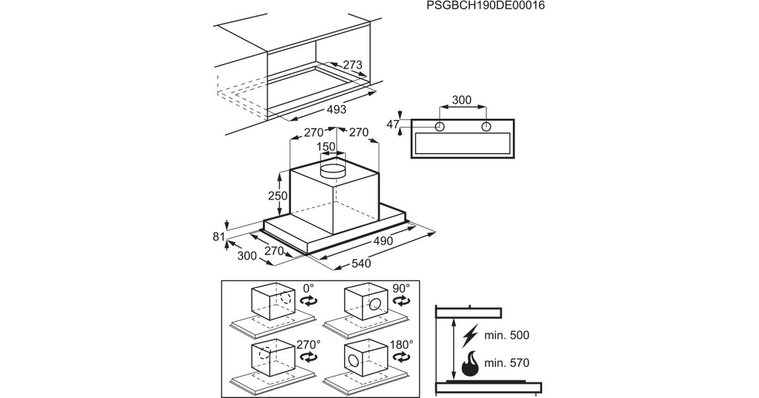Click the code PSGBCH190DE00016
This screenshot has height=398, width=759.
click(x=486, y=6)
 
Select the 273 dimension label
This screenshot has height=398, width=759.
click(x=352, y=64)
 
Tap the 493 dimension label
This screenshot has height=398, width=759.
click(x=336, y=109)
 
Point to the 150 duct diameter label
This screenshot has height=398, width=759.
click(x=326, y=147)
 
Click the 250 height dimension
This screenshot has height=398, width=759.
click(x=278, y=196)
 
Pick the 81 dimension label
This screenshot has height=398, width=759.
click(x=219, y=236)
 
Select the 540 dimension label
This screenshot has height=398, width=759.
click(x=361, y=263)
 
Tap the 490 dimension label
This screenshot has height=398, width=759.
click(x=383, y=241)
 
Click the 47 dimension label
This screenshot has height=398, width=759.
click(x=393, y=124)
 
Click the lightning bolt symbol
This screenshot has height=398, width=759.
click(x=470, y=335)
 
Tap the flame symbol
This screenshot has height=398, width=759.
click(x=470, y=363)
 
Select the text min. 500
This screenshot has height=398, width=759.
click(x=507, y=335)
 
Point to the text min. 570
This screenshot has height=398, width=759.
click(x=507, y=363)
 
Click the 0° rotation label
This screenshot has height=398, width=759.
click(x=309, y=288)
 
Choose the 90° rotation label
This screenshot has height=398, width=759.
click(x=401, y=288)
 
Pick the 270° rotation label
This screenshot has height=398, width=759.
click(x=309, y=344)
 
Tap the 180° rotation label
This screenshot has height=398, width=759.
click(x=401, y=344)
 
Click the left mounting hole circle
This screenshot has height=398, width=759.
click(x=440, y=127)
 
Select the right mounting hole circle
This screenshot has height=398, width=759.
click(x=486, y=127)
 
